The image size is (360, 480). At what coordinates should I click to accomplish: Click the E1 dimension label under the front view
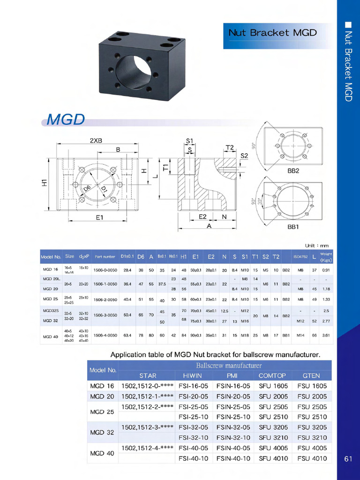point(100,217)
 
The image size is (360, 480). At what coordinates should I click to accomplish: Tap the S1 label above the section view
point(190,141)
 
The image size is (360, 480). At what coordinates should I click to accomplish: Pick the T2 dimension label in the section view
point(230,148)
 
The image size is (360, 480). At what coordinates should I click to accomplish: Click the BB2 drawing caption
point(293,171)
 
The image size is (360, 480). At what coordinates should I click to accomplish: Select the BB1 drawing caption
point(293,227)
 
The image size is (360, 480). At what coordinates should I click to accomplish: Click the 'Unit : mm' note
point(317,245)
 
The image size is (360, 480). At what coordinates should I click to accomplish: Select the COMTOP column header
point(272,375)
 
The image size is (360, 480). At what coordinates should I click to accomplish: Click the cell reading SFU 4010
point(273,458)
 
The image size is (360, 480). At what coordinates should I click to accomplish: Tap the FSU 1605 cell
point(312,386)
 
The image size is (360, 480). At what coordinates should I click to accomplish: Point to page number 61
point(348,459)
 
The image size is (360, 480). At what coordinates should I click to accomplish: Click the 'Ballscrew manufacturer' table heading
point(225,365)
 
